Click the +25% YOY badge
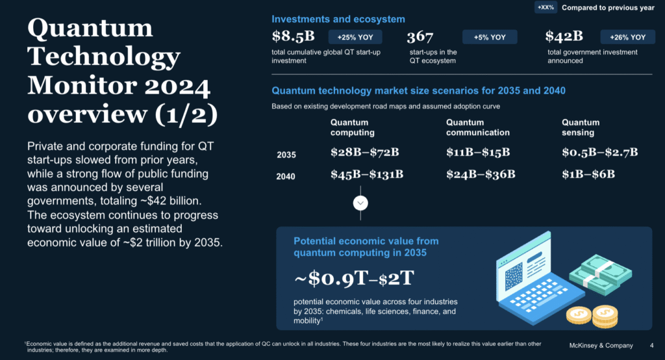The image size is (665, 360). pyautogui.click(x=355, y=37)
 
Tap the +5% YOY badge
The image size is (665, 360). pyautogui.click(x=490, y=37)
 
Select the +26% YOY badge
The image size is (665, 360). pyautogui.click(x=628, y=37)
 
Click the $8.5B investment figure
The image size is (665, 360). pyautogui.click(x=293, y=36)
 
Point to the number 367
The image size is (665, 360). pyautogui.click(x=420, y=37)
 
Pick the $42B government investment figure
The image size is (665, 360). pyautogui.click(x=564, y=36)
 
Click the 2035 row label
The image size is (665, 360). pyautogui.click(x=286, y=155)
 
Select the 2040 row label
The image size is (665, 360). pyautogui.click(x=286, y=177)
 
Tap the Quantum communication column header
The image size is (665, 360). pyautogui.click(x=478, y=127)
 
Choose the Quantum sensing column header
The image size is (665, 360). pyautogui.click(x=581, y=127)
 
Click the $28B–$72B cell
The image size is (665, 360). pyautogui.click(x=365, y=153)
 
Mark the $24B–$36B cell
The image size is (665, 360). pyautogui.click(x=481, y=175)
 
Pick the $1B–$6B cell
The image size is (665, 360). pyautogui.click(x=588, y=175)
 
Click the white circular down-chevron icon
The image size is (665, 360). pyautogui.click(x=360, y=203)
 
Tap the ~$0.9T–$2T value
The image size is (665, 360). pyautogui.click(x=354, y=279)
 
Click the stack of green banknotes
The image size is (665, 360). pyautogui.click(x=601, y=274)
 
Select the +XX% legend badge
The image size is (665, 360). pyautogui.click(x=546, y=8)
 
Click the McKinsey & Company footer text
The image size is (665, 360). pyautogui.click(x=601, y=346)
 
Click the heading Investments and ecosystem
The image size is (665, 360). pyautogui.click(x=338, y=19)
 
